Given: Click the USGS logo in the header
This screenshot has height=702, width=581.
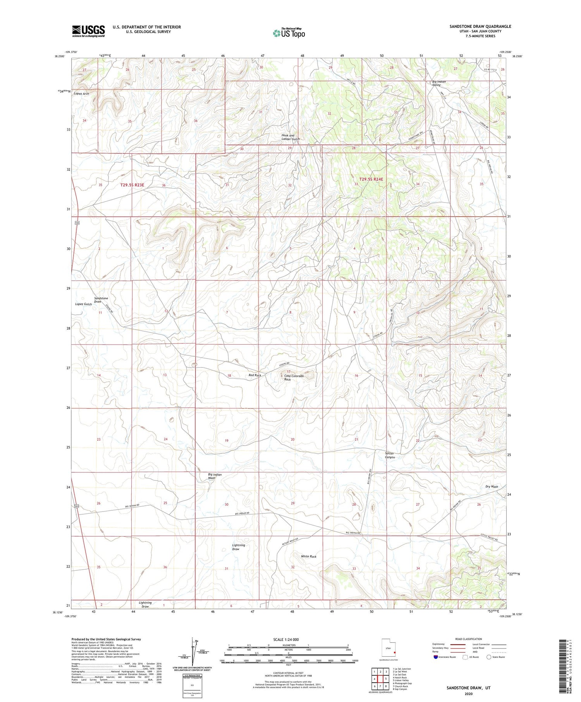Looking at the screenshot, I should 88,31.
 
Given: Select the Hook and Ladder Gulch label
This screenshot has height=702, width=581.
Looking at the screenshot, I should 290,137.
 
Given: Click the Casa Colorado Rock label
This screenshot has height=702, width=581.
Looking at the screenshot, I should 293,378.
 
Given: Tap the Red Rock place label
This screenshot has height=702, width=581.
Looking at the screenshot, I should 255,375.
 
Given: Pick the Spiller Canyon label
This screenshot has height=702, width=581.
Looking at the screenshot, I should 390,455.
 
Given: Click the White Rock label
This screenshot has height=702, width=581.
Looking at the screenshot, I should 309,556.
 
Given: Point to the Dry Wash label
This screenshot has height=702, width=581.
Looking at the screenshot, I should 492,487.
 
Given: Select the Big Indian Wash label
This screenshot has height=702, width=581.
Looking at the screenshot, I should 215,476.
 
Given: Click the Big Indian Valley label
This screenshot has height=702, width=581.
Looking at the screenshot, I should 439,83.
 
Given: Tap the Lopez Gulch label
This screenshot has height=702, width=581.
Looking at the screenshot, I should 83,304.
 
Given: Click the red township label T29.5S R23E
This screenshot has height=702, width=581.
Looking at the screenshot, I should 132,185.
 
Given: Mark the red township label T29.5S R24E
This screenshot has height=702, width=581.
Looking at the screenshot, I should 371,179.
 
